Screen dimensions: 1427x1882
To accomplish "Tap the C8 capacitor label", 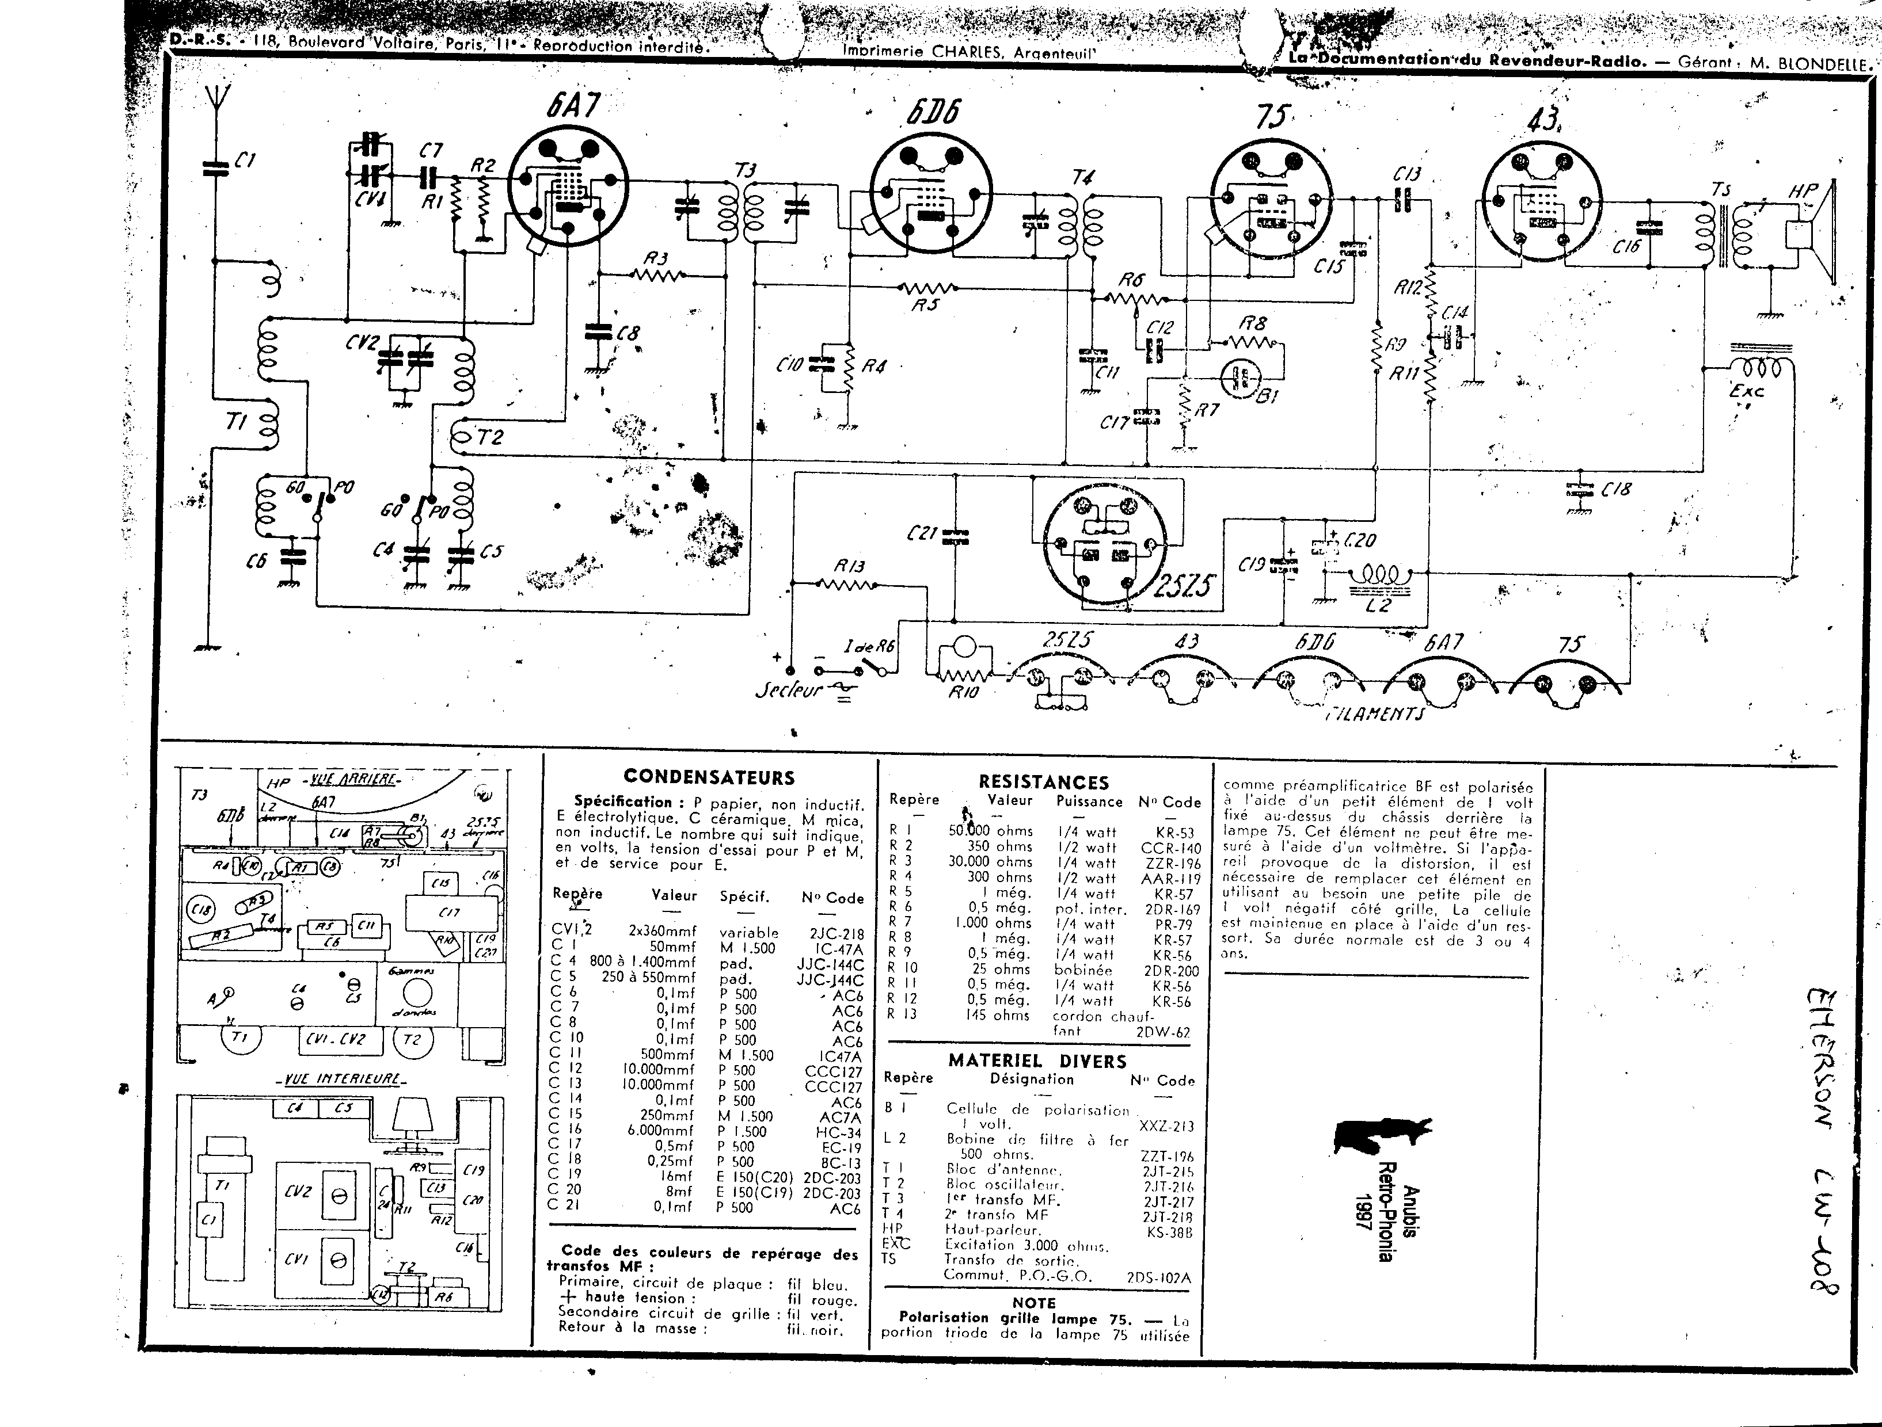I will pos(628,333).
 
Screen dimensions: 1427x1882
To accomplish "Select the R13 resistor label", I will pos(849,566).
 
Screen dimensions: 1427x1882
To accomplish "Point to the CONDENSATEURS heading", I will pos(709,777).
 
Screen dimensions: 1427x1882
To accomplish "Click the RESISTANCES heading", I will pos(1044,781).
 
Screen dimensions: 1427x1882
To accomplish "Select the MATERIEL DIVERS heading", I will pos(1037,1061).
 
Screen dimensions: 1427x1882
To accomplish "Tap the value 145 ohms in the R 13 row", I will pos(997,1016).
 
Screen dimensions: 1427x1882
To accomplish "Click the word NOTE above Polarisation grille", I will pos(1034,1303).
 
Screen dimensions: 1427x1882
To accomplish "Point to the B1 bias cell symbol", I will pos(1241,377).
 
